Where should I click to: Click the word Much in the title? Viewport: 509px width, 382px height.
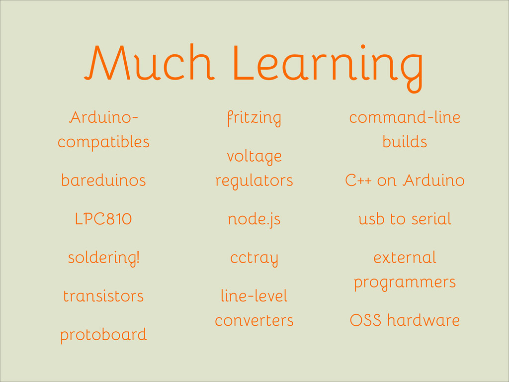click(149, 62)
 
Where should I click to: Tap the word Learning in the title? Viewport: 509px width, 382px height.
click(328, 68)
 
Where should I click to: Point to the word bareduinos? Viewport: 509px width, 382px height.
click(103, 180)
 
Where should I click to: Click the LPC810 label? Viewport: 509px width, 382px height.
click(103, 219)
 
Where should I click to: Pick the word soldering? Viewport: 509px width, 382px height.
click(103, 258)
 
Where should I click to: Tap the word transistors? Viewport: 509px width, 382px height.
click(103, 296)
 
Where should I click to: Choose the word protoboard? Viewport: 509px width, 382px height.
click(103, 335)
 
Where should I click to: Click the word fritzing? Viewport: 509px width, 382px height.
click(254, 118)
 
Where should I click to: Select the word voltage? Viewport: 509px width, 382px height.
click(254, 157)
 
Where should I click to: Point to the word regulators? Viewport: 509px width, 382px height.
click(254, 181)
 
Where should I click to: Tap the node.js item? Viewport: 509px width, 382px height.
click(254, 219)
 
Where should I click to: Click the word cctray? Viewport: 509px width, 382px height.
click(254, 259)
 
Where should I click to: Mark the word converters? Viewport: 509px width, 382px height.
click(254, 321)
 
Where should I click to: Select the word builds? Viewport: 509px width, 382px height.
click(405, 142)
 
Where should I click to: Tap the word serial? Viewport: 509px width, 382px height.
click(431, 219)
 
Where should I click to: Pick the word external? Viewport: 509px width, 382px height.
click(405, 258)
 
